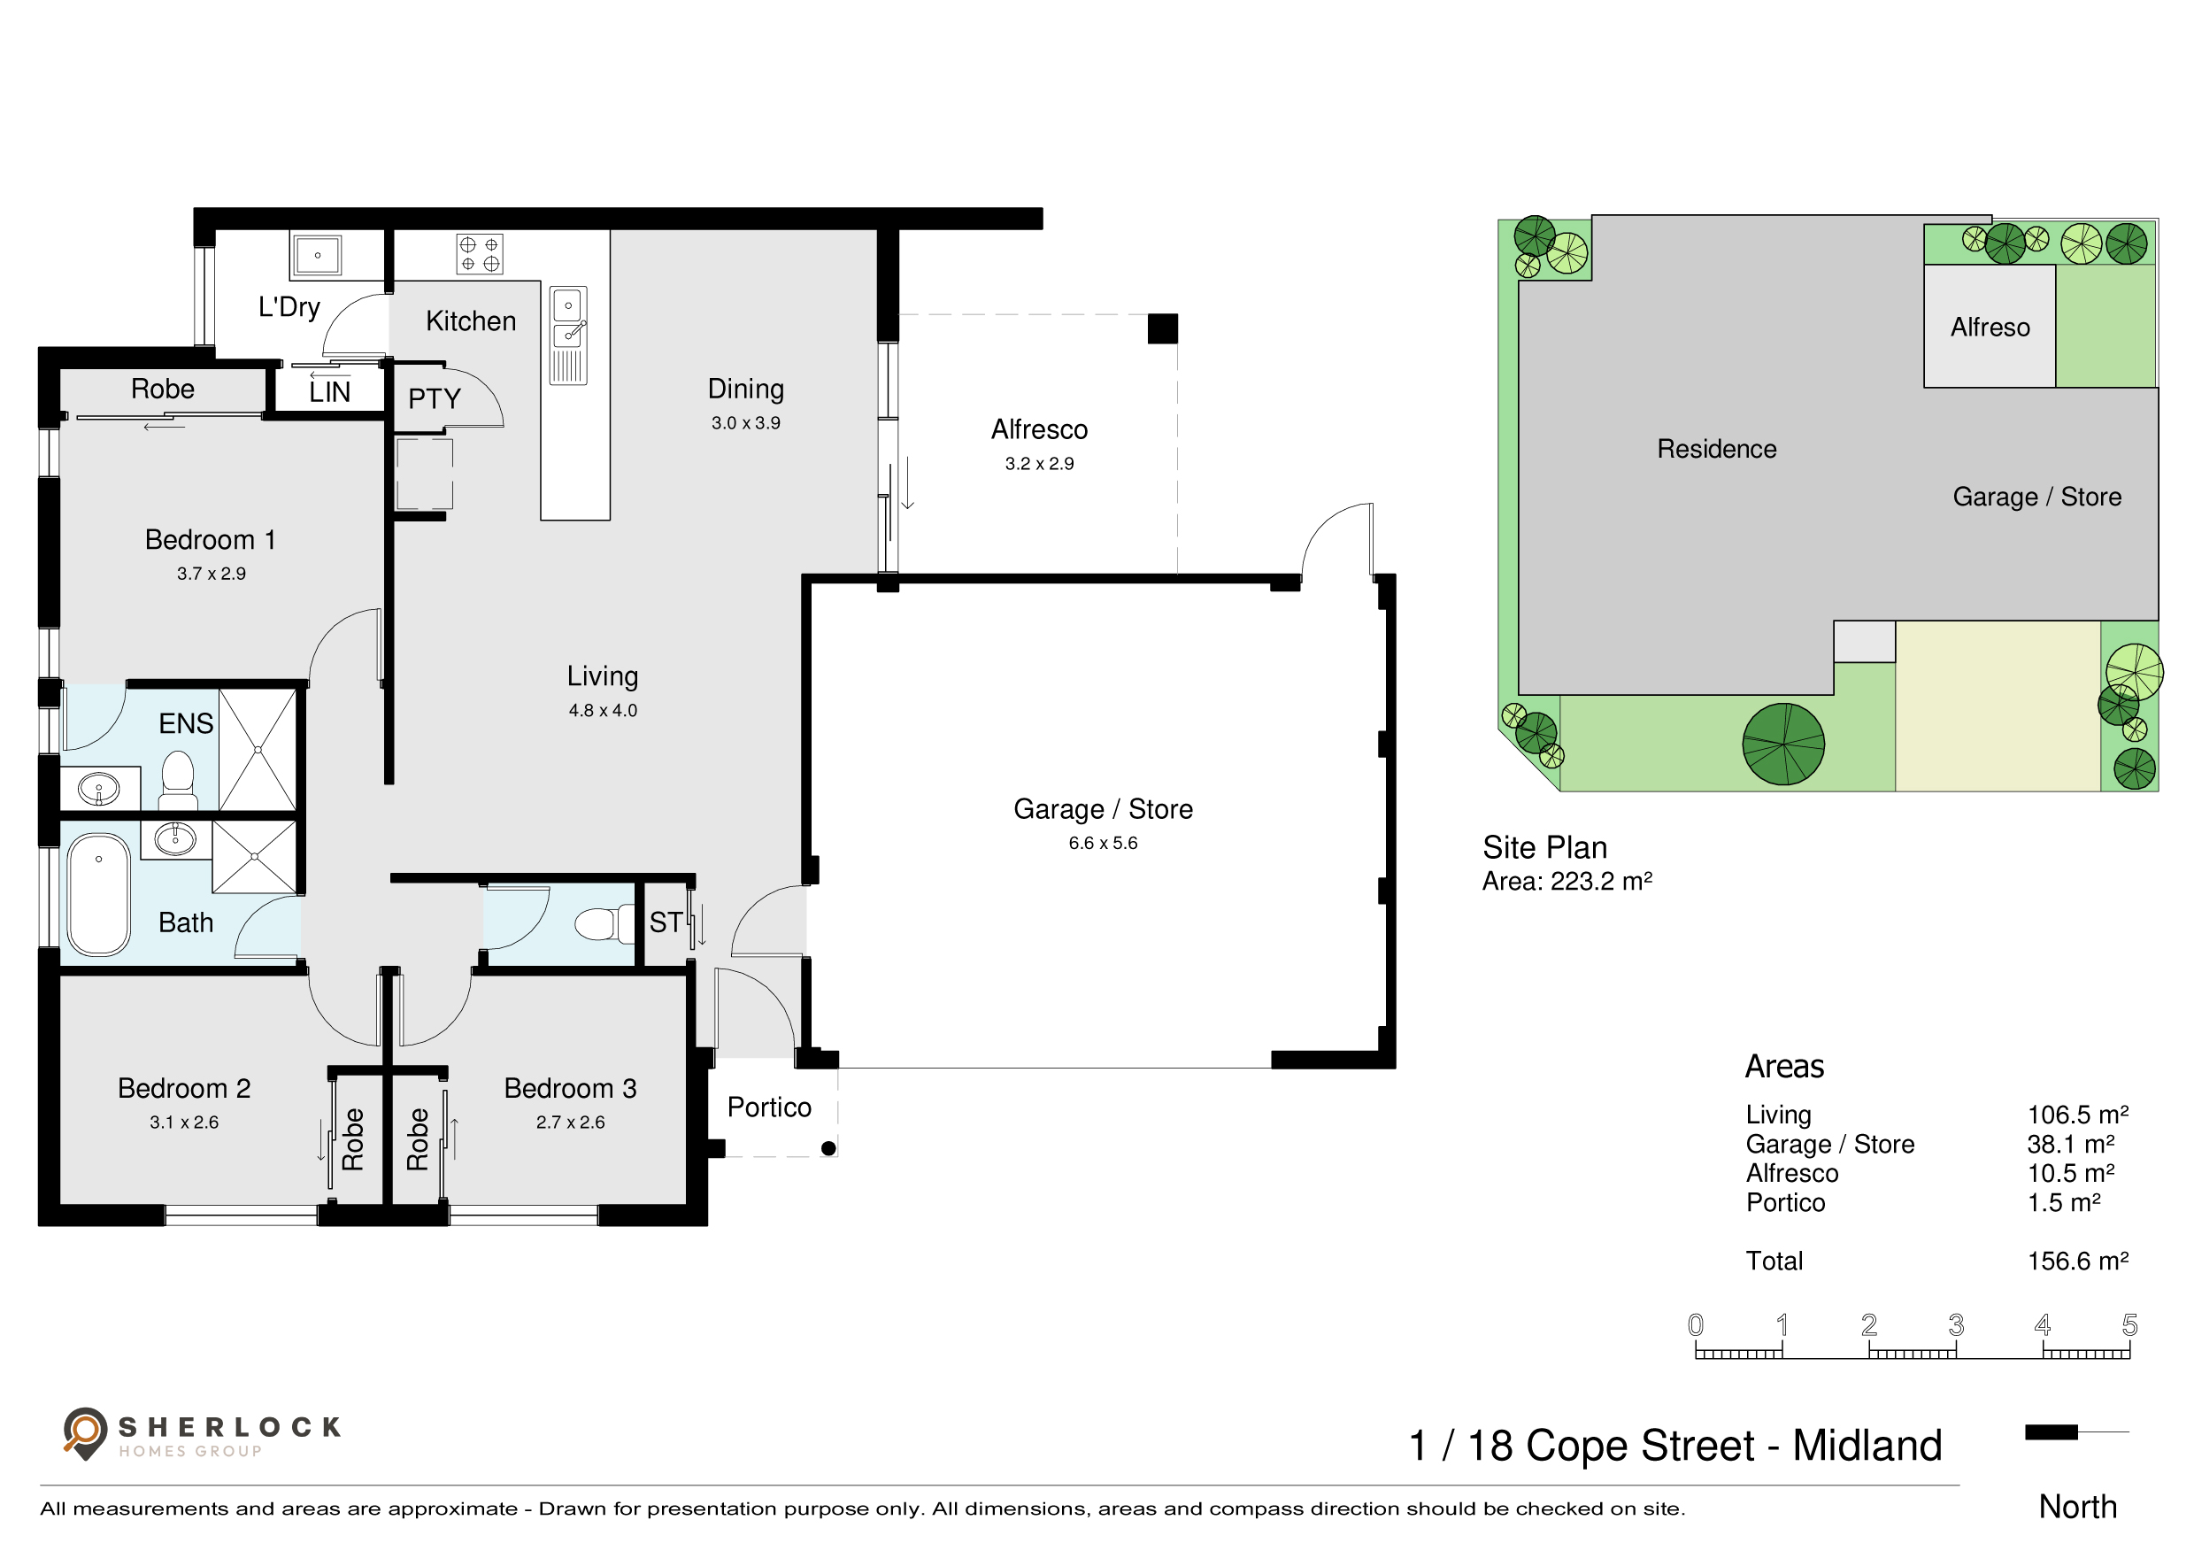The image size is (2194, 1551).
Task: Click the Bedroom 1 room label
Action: point(211,540)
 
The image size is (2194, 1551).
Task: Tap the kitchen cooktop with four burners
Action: point(479,254)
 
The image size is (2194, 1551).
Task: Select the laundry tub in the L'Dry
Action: point(317,255)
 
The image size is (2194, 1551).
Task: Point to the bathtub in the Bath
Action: point(98,895)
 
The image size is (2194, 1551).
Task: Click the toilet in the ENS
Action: point(178,781)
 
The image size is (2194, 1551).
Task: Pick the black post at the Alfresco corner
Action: point(1162,328)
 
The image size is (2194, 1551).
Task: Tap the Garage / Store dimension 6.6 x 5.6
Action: point(1103,843)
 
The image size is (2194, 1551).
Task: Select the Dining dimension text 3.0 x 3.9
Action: point(745,422)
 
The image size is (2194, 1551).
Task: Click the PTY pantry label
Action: point(434,398)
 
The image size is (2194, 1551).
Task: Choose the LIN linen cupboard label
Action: point(329,392)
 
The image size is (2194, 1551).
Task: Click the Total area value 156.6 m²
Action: point(2077,1261)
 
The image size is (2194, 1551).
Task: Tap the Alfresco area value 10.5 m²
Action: point(2071,1173)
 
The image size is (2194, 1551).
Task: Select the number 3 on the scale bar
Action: point(1956,1324)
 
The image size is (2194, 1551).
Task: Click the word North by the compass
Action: point(2077,1507)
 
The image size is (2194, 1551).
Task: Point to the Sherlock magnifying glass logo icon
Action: point(85,1433)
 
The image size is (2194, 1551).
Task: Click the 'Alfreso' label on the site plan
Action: point(1990,327)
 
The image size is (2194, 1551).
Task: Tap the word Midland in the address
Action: point(1867,1445)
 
